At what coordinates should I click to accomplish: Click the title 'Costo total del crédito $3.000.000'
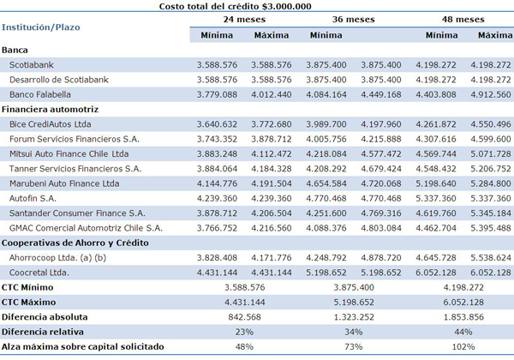(x=235, y=6)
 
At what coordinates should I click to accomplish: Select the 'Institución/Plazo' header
(x=40, y=27)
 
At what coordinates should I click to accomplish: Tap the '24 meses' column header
(x=244, y=20)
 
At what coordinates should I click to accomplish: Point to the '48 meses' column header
(x=463, y=20)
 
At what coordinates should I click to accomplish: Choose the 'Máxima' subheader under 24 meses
(x=272, y=35)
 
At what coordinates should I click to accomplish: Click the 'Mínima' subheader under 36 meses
(x=326, y=35)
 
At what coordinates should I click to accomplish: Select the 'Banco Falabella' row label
(x=40, y=94)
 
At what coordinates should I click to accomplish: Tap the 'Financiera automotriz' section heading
(x=50, y=109)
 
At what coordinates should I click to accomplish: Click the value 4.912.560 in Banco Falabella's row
(x=490, y=94)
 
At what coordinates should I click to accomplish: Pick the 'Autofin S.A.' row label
(x=33, y=198)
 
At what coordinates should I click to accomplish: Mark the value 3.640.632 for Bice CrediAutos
(x=217, y=124)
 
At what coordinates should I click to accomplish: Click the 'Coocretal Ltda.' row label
(x=39, y=273)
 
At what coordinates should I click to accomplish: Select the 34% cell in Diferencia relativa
(x=353, y=332)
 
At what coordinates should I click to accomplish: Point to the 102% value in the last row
(x=463, y=346)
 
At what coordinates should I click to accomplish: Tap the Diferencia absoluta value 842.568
(x=244, y=317)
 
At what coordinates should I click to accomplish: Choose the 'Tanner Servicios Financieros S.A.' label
(x=75, y=169)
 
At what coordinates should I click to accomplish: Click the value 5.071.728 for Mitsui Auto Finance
(x=490, y=153)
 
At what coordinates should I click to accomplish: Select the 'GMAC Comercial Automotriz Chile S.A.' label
(x=86, y=228)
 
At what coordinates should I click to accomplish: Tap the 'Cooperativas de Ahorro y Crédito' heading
(x=75, y=243)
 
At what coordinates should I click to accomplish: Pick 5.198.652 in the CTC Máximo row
(x=354, y=302)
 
